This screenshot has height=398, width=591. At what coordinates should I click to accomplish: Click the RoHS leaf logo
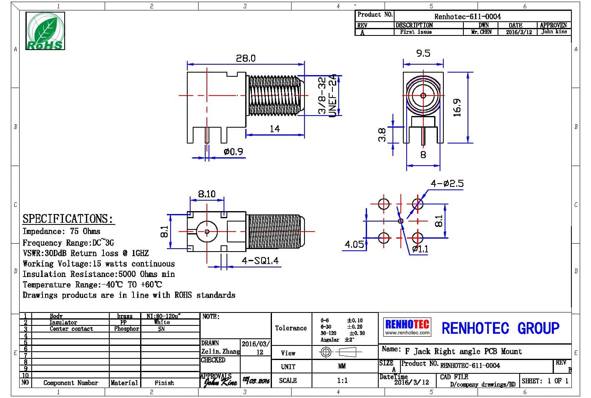45,31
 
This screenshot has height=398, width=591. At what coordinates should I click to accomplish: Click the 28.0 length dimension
245,58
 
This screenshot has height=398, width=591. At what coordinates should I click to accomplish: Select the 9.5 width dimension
423,53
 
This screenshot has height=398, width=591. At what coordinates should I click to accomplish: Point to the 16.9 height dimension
457,107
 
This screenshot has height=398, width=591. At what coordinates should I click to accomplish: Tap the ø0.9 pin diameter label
233,152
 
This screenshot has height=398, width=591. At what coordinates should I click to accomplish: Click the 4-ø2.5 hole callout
447,184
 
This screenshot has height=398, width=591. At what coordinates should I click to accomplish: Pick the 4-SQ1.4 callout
260,261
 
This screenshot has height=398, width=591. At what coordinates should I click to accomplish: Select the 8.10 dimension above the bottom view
206,194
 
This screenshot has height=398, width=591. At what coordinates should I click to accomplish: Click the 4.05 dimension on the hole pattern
354,244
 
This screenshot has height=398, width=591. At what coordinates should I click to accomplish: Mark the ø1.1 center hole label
420,249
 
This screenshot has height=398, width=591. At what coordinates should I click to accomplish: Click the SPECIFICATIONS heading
68,219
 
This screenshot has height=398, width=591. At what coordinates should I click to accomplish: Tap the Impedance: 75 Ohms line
61,231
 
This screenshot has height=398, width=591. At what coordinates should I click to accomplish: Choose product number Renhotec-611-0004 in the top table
467,17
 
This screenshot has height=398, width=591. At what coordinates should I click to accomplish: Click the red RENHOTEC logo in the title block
407,327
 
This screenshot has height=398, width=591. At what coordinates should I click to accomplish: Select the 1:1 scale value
342,380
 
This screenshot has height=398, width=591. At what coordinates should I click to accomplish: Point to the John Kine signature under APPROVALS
220,382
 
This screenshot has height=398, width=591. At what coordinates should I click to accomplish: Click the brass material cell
125,316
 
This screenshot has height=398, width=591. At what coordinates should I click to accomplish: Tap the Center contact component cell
71,329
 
